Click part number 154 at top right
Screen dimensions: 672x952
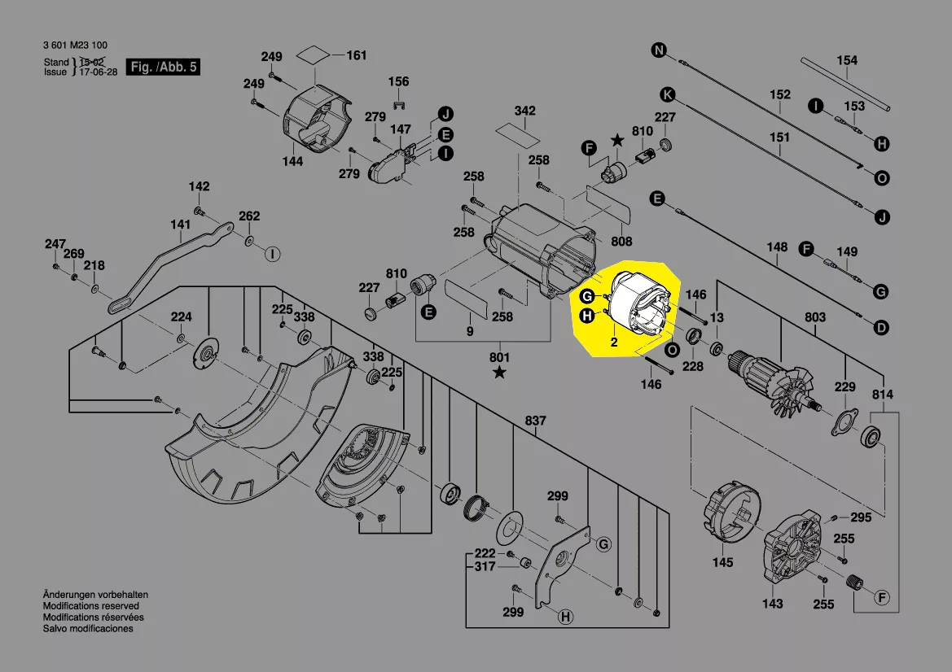847,60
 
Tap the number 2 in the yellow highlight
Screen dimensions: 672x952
613,343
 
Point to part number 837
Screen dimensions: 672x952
535,421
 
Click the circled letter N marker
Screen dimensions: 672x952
658,51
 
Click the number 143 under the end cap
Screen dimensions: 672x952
772,603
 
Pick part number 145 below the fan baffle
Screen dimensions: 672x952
722,562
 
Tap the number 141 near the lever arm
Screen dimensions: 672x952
181,225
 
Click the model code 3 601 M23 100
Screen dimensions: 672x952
74,46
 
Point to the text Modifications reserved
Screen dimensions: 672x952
90,606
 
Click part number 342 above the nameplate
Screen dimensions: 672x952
524,110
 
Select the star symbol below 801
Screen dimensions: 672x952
499,373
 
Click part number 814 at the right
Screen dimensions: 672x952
883,395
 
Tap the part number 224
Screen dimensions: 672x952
181,316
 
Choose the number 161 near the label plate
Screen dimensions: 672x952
357,55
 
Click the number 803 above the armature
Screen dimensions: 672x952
814,317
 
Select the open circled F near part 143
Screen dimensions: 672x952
880,598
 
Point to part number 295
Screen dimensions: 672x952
861,517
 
